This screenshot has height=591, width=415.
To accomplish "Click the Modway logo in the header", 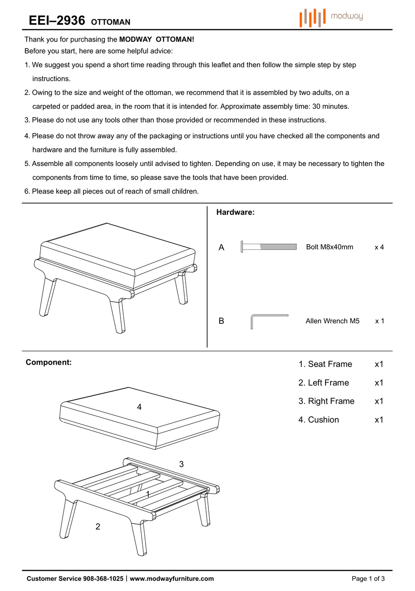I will click(x=331, y=17).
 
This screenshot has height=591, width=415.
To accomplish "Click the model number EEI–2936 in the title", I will click(x=57, y=21).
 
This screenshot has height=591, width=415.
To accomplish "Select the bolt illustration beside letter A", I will click(x=268, y=247).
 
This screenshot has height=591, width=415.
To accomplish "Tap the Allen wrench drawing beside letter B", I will click(x=269, y=321).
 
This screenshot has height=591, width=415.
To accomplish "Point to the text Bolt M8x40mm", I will click(x=329, y=247).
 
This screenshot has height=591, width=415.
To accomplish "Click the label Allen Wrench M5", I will click(x=332, y=321).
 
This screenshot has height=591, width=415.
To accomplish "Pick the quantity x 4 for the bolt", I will click(x=379, y=247).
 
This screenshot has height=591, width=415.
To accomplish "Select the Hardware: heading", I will click(x=235, y=212).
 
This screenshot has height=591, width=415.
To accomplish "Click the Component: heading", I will click(x=48, y=362).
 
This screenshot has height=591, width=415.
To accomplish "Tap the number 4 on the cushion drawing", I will click(x=139, y=407).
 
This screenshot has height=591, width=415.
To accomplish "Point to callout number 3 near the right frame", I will click(x=181, y=464).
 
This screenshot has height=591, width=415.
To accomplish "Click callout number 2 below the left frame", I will click(x=98, y=527).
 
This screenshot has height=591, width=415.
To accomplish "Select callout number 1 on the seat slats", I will click(x=148, y=494).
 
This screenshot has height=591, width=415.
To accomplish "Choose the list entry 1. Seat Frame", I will click(x=325, y=364).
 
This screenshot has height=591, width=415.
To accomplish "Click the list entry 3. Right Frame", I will click(x=326, y=401).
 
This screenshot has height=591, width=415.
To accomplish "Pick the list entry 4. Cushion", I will click(x=319, y=420).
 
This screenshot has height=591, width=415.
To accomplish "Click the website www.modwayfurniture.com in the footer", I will click(x=172, y=579).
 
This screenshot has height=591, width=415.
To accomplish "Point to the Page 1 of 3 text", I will click(x=368, y=579).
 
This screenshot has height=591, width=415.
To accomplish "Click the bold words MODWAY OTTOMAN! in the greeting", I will click(x=156, y=39).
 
